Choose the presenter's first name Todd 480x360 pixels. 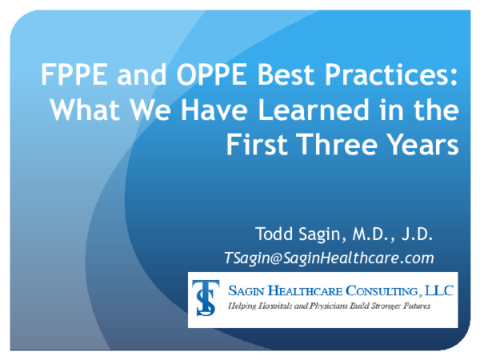pos(274,234)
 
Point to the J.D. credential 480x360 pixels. pos(416,234)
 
